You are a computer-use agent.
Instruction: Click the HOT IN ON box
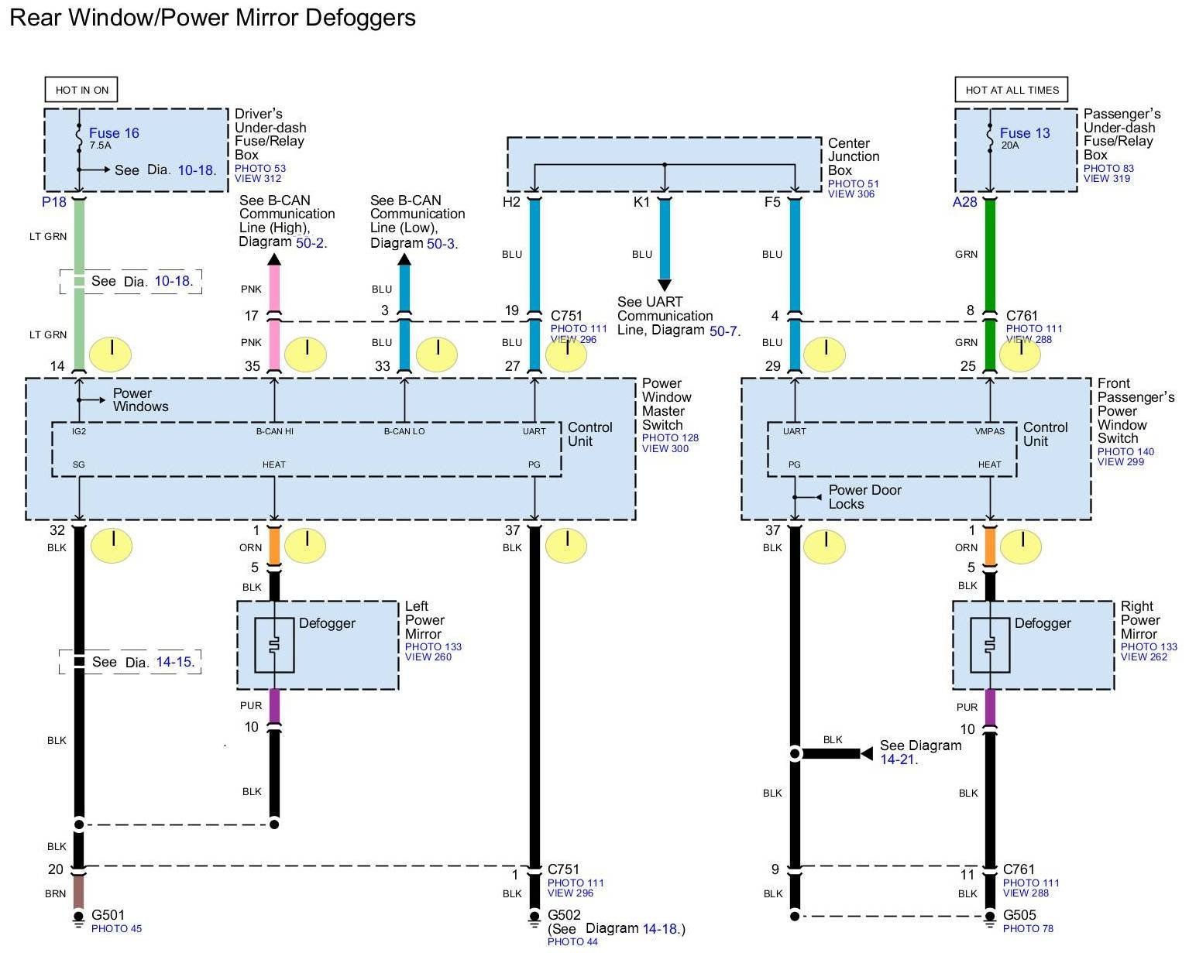coord(81,90)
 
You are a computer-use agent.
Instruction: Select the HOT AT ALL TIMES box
coord(1012,90)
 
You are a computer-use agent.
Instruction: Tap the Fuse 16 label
coord(114,133)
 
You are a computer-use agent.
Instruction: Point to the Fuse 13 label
coord(1024,133)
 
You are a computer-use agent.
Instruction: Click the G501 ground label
coord(108,914)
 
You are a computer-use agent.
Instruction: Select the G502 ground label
coord(564,915)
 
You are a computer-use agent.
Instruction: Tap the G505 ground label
coord(1019,915)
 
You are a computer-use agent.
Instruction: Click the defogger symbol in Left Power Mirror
coord(274,645)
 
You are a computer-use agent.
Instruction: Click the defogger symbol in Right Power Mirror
coord(990,645)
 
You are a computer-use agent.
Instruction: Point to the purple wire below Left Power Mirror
coord(273,705)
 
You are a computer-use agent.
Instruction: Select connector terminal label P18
coord(54,202)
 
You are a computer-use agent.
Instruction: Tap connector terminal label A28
coord(964,202)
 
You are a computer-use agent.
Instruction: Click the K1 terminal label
coord(641,202)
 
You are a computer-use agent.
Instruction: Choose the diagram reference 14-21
coord(897,759)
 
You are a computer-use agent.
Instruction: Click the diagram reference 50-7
coord(724,331)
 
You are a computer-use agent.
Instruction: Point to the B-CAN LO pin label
coord(404,431)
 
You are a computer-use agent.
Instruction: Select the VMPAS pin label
coord(989,431)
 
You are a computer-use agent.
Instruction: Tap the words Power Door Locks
coord(864,497)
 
